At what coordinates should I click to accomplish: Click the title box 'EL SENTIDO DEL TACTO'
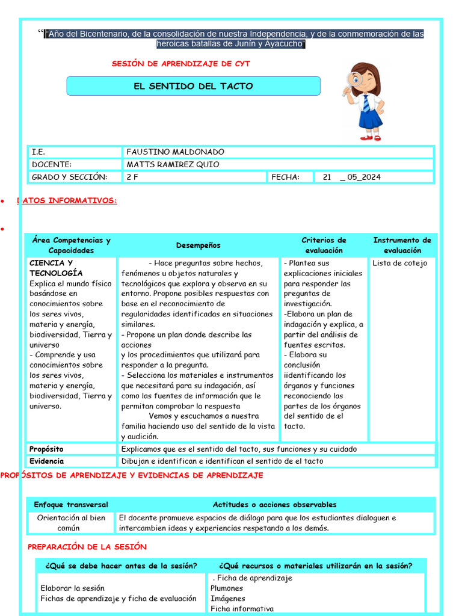[x=193, y=86]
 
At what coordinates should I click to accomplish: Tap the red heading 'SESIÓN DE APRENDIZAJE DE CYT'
[x=181, y=64]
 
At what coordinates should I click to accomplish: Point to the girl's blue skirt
[x=370, y=118]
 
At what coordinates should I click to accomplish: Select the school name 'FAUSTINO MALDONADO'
[x=175, y=152]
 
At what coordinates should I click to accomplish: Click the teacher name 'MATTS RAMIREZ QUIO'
[x=173, y=165]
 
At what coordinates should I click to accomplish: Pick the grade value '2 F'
[x=132, y=177]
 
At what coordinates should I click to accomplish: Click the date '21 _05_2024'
[x=351, y=177]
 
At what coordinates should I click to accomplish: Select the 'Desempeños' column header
[x=198, y=245]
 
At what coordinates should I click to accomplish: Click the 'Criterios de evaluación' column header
[x=324, y=245]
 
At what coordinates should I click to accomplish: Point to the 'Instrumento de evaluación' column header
[x=402, y=245]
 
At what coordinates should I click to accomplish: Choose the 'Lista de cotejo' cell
[x=399, y=263]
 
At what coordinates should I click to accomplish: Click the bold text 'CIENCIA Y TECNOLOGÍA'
[x=56, y=268]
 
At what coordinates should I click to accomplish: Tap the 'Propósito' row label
[x=46, y=449]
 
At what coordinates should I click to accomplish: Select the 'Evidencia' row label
[x=46, y=461]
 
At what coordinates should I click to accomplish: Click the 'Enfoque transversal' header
[x=71, y=505]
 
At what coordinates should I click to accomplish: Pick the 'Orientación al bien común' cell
[x=71, y=523]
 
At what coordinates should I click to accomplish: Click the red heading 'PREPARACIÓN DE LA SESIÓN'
[x=87, y=547]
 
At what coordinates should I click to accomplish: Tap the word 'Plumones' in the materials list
[x=227, y=588]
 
